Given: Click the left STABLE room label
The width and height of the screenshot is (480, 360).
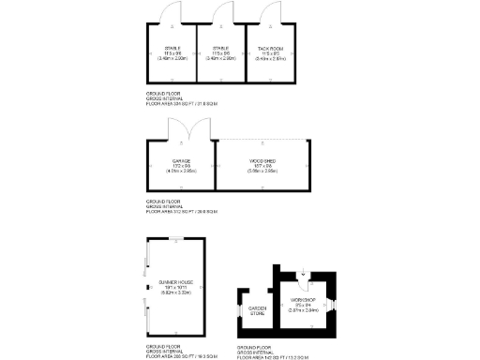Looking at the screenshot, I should (172, 47).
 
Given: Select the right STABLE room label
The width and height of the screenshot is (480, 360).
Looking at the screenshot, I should (220, 47).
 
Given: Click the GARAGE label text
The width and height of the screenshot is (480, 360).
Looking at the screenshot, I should (181, 160).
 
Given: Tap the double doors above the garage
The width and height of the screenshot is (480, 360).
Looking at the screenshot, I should (180, 131).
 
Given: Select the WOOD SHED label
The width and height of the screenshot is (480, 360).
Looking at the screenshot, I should (262, 160).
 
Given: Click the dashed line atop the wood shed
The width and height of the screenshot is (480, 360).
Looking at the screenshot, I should (262, 140).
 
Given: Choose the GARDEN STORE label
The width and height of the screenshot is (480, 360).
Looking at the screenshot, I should (256, 311).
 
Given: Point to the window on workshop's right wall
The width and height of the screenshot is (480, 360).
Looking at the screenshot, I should (336, 305).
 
